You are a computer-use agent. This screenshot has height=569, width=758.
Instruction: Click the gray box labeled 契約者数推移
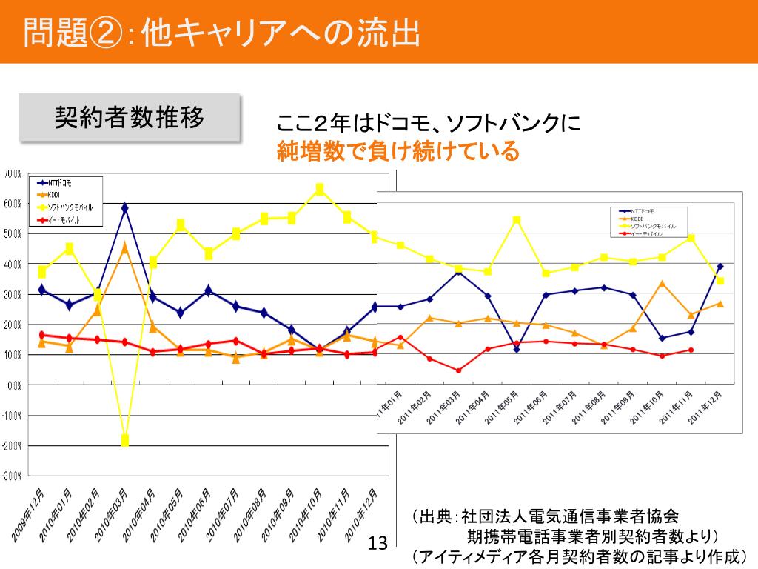coord(130,117)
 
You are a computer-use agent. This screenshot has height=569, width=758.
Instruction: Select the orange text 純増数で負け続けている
coord(398,152)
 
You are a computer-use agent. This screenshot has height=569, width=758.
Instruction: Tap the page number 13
coord(378,545)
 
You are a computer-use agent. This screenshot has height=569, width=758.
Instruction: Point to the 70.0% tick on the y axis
coord(13,174)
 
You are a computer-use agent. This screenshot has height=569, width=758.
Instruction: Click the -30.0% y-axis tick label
coord(12,476)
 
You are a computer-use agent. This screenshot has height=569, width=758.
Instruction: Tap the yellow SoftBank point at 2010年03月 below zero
coord(125,441)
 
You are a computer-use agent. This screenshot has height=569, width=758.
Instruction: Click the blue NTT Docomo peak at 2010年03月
coord(125,208)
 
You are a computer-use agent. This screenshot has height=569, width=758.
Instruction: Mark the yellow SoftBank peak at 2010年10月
coord(320,189)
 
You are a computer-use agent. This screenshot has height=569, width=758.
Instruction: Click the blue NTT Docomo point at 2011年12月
coord(720,266)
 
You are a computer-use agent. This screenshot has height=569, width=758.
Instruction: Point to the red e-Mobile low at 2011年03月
coord(458,370)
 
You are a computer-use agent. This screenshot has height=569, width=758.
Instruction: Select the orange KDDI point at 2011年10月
coord(663,283)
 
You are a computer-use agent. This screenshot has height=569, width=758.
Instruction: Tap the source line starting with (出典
coord(544,516)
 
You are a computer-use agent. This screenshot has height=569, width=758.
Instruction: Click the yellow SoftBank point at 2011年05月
coord(517,219)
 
